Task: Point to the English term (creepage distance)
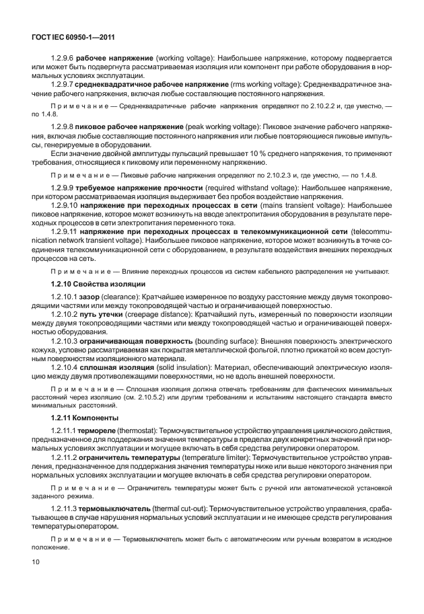pyautogui.click(x=158, y=315)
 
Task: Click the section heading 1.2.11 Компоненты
pyautogui.click(x=83, y=418)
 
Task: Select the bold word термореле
pyautogui.click(x=98, y=430)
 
